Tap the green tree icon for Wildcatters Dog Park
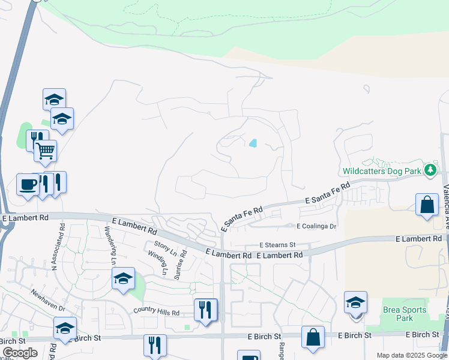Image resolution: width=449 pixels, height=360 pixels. [x=430, y=170]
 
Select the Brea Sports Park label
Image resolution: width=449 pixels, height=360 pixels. [x=405, y=314]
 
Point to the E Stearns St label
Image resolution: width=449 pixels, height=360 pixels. [x=278, y=245]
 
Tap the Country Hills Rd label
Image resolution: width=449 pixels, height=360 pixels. [x=157, y=313]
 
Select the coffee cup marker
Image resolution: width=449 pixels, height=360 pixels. [x=28, y=184]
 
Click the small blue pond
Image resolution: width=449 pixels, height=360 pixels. [x=253, y=143]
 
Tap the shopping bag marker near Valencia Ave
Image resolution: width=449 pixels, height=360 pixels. [x=427, y=204]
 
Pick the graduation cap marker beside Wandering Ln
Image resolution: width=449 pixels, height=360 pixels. [x=123, y=278]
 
